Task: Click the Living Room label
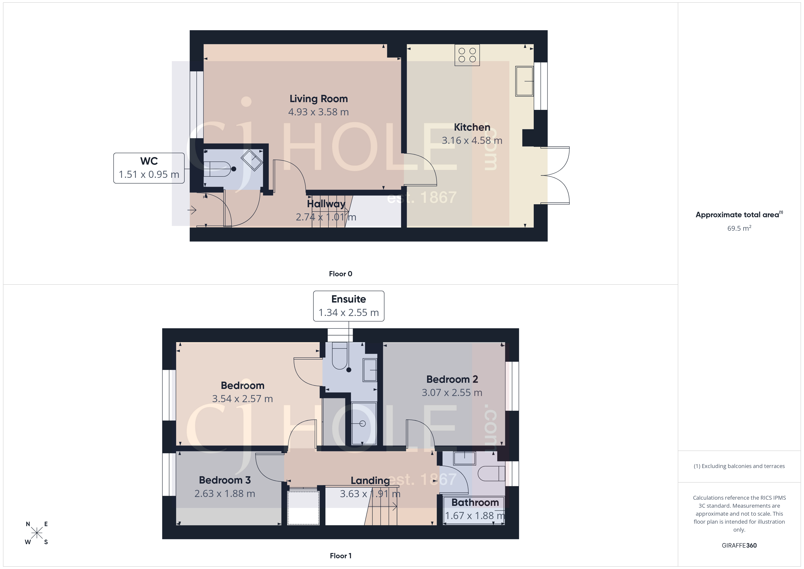click(x=318, y=99)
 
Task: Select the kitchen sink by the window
click(x=524, y=81)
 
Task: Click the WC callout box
click(x=149, y=168)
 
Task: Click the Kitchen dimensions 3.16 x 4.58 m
click(x=472, y=140)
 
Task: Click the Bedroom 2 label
click(x=452, y=379)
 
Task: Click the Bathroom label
click(x=475, y=502)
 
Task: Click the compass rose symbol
click(x=36, y=533)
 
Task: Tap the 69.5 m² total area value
click(x=739, y=228)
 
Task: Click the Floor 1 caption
click(x=340, y=556)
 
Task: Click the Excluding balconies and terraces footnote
click(x=739, y=466)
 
